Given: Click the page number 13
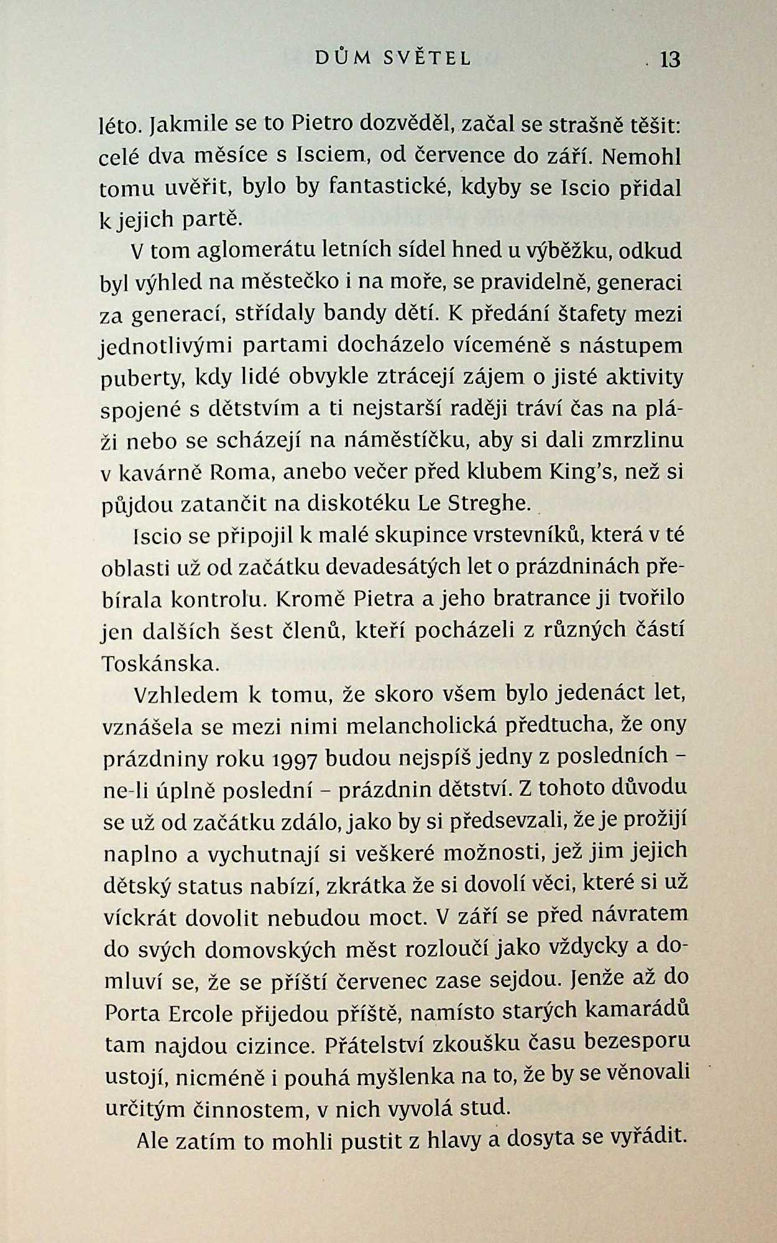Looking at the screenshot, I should tap(670, 60).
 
